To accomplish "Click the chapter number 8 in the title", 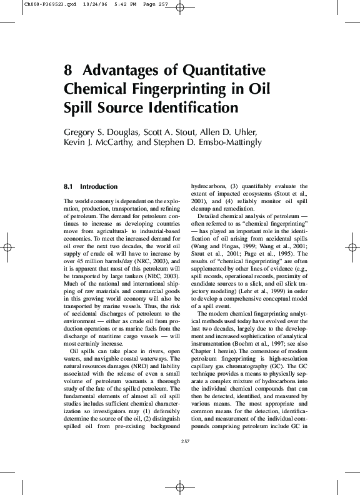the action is pyautogui.click(x=68, y=71).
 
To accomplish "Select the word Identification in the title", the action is pyautogui.click(x=195, y=107).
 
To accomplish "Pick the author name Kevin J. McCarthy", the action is pyautogui.click(x=97, y=143).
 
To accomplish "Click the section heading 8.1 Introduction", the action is pyautogui.click(x=91, y=186).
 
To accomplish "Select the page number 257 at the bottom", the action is pyautogui.click(x=184, y=441).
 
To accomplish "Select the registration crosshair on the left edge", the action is pyautogui.click(x=7, y=247).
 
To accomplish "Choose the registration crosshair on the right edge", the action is pyautogui.click(x=352, y=247).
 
